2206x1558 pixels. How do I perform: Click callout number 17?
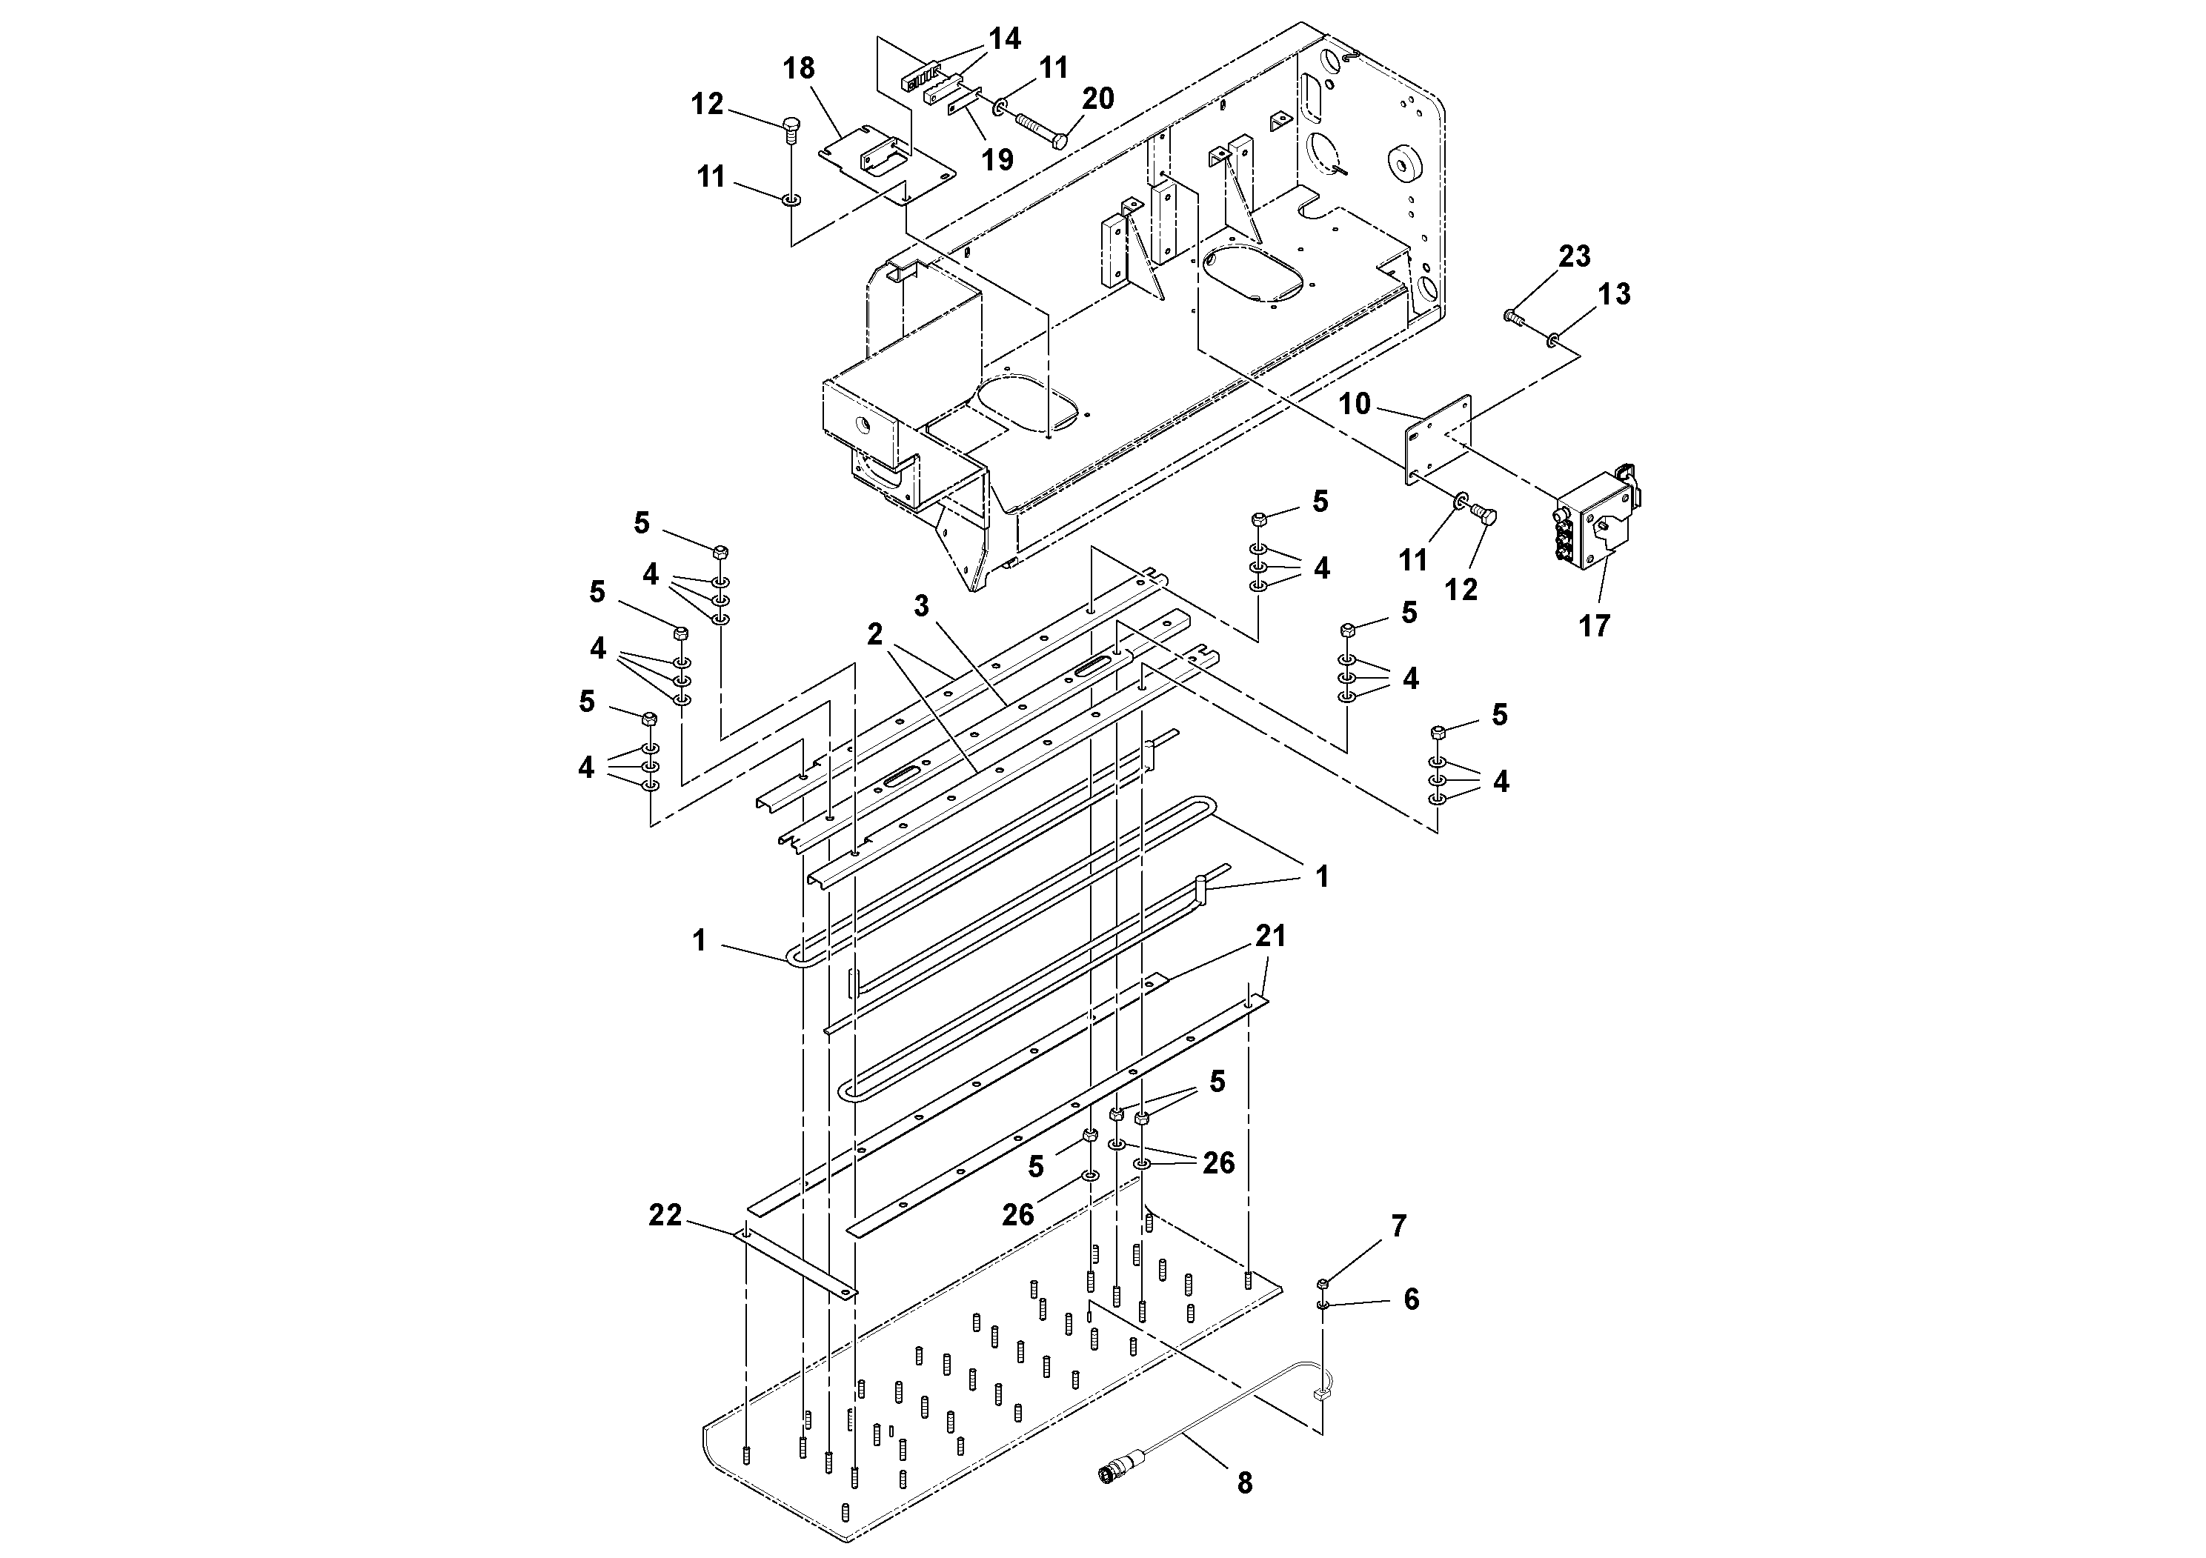tap(1594, 626)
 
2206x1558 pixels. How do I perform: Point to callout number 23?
tap(1575, 256)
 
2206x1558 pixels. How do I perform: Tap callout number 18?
tap(798, 68)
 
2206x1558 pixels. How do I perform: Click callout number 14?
tap(1005, 39)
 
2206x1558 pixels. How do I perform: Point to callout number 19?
tap(998, 159)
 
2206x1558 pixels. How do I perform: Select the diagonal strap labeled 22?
tap(796, 1262)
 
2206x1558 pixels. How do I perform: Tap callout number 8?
tap(1244, 1484)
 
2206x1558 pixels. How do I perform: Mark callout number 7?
tap(1398, 1225)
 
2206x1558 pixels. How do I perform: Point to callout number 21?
tap(1270, 936)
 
